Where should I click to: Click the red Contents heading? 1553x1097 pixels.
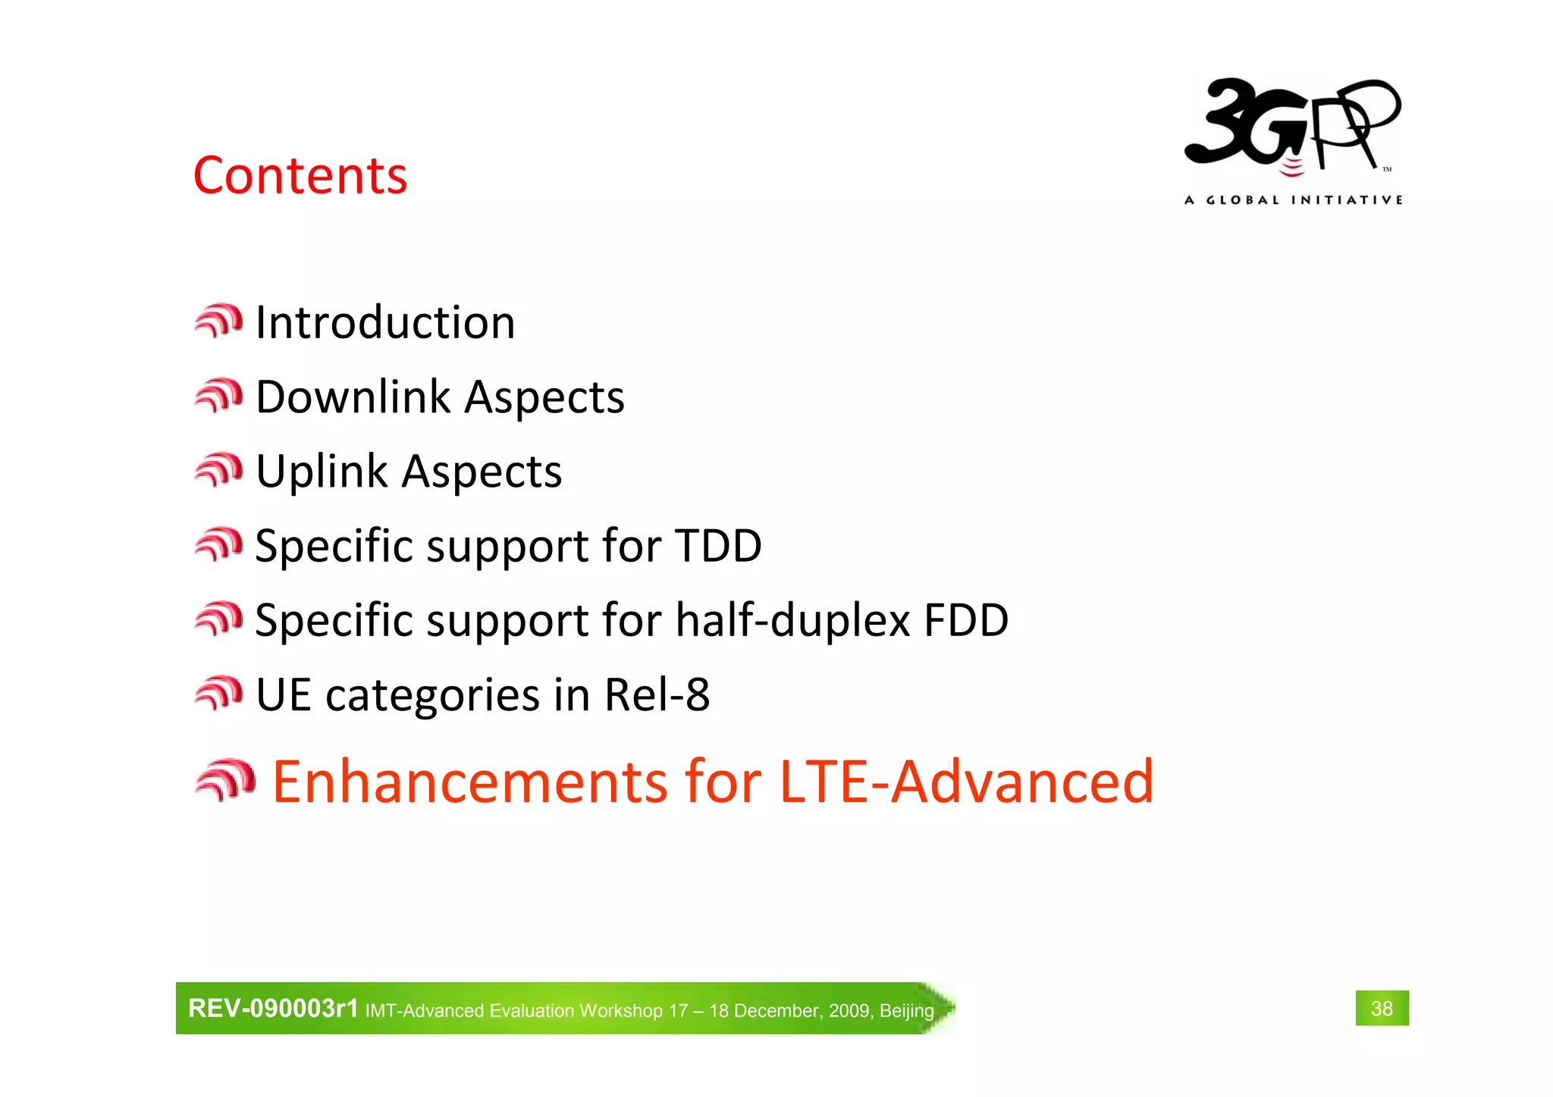pos(300,176)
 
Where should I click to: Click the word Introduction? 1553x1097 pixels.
pos(385,323)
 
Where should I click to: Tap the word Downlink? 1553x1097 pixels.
pos(353,397)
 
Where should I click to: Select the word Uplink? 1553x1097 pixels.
pos(322,472)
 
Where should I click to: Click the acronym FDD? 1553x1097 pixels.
pos(965,620)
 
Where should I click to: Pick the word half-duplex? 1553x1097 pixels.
pos(792,620)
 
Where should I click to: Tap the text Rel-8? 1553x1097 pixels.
pos(657,694)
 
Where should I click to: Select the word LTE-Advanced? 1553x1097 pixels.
pos(966,782)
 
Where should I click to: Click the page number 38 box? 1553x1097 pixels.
pos(1382,1008)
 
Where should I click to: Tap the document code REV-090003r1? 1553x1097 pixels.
pos(273,1008)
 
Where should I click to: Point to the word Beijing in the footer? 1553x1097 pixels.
pos(907,1011)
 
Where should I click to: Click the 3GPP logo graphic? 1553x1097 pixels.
pos(1293,125)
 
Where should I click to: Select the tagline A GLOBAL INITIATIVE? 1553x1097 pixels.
pos(1293,200)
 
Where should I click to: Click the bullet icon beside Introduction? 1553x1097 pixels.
pos(218,321)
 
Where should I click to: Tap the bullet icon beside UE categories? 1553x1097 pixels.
pos(218,693)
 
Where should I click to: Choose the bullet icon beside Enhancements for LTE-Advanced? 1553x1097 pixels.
pos(225,779)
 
